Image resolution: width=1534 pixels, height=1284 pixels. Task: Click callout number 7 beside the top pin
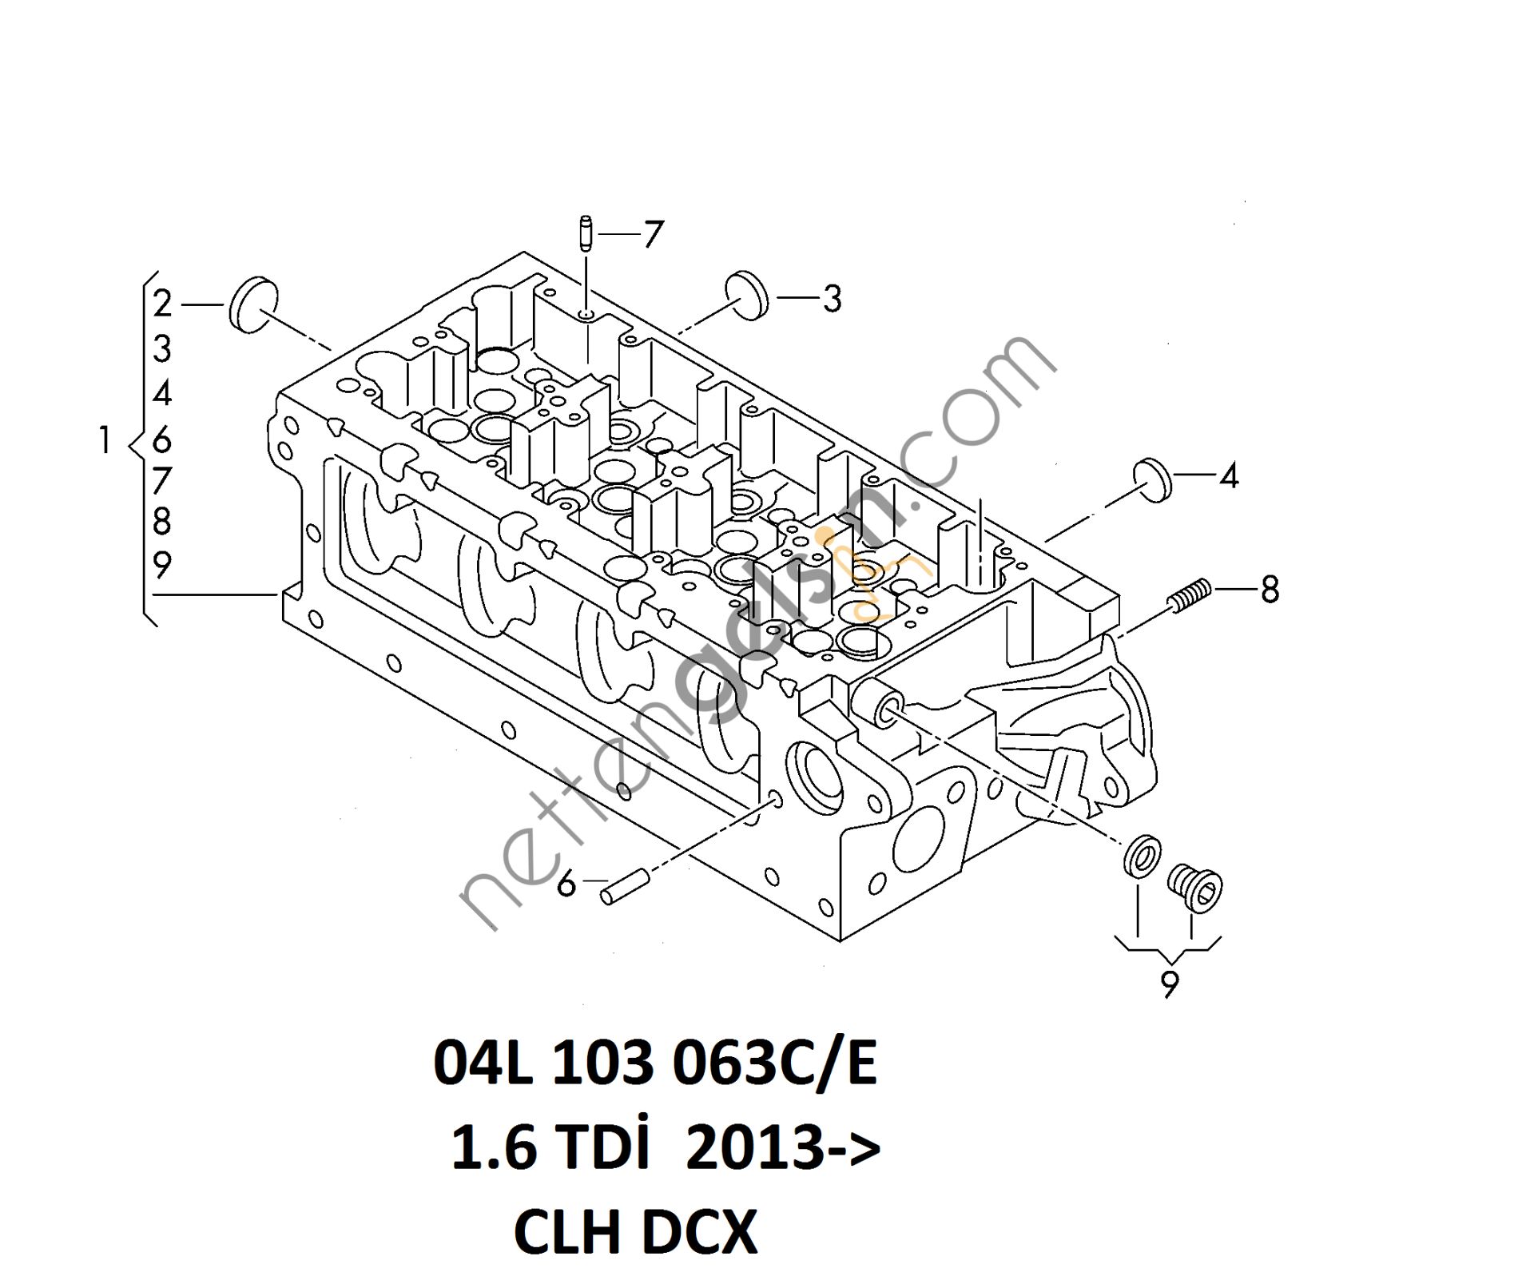click(653, 234)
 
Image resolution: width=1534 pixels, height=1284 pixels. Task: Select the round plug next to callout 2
click(254, 304)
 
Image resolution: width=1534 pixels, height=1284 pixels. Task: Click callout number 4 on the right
click(1229, 476)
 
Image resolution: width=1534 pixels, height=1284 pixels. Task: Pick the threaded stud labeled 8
click(1190, 595)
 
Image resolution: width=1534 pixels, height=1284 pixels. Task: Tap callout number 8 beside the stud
click(1270, 590)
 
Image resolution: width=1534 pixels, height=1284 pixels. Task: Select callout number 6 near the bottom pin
click(566, 884)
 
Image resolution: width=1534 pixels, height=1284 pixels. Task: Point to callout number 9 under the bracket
click(1169, 984)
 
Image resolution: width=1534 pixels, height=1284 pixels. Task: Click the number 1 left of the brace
click(104, 440)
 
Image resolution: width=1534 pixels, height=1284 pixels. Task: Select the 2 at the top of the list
click(162, 304)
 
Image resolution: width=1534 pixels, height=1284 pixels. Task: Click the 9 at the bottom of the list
click(162, 565)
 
